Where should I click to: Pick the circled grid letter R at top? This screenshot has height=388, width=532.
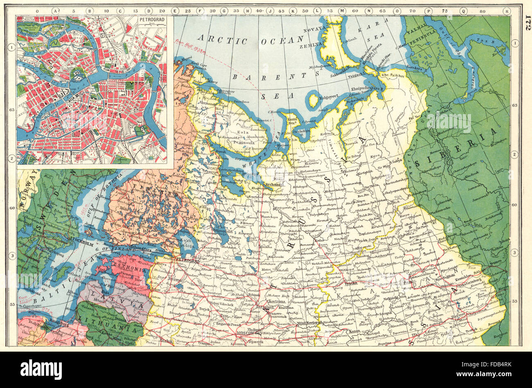click(507, 11)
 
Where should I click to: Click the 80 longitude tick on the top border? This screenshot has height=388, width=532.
click(483, 11)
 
